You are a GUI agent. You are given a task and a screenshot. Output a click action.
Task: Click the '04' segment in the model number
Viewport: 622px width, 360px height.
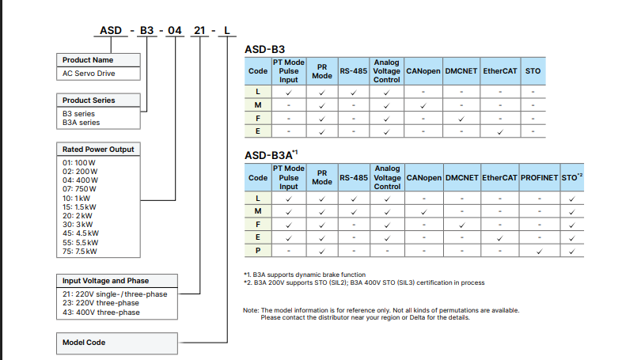[x=175, y=31]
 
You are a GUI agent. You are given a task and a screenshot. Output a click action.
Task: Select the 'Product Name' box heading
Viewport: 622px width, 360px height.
[x=88, y=60]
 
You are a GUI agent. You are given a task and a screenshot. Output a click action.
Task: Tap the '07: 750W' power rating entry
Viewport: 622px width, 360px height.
[x=79, y=189]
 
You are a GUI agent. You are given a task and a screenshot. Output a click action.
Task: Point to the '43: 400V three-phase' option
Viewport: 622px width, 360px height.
[x=101, y=313]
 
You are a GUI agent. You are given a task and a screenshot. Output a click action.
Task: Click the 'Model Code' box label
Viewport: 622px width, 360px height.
[x=84, y=342]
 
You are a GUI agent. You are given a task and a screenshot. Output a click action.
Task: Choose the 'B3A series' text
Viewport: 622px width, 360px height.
[x=81, y=123]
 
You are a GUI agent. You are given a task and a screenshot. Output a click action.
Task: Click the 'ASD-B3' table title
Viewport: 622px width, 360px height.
[x=264, y=50]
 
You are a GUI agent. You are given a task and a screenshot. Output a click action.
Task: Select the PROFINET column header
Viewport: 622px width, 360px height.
[x=539, y=177]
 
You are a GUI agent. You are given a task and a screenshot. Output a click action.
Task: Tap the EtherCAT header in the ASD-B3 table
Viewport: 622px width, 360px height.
[x=500, y=71]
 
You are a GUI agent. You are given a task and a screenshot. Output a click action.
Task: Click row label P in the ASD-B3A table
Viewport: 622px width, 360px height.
[x=258, y=251]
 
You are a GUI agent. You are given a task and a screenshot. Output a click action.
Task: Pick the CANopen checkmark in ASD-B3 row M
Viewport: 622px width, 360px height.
[x=423, y=105]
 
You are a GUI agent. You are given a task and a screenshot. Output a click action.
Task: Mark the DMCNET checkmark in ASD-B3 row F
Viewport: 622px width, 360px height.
[x=461, y=119]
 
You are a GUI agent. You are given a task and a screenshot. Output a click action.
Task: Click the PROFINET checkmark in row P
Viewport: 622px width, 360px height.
[x=539, y=252]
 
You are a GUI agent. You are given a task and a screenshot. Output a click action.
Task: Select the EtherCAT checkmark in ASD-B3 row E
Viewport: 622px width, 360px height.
[x=500, y=131]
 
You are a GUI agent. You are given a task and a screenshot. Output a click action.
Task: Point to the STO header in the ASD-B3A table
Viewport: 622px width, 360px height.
[x=571, y=177]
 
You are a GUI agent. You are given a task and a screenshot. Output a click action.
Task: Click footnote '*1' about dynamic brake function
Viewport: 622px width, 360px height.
[x=305, y=275]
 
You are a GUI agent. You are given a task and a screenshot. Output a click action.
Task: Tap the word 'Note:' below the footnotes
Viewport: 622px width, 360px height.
[x=251, y=310]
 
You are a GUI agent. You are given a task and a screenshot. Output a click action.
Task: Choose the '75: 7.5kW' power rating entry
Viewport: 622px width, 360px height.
[x=79, y=252]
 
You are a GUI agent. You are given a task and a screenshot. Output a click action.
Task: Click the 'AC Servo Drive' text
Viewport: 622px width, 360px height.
[x=89, y=74]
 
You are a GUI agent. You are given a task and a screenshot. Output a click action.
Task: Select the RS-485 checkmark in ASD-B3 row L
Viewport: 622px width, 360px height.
[x=354, y=93]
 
